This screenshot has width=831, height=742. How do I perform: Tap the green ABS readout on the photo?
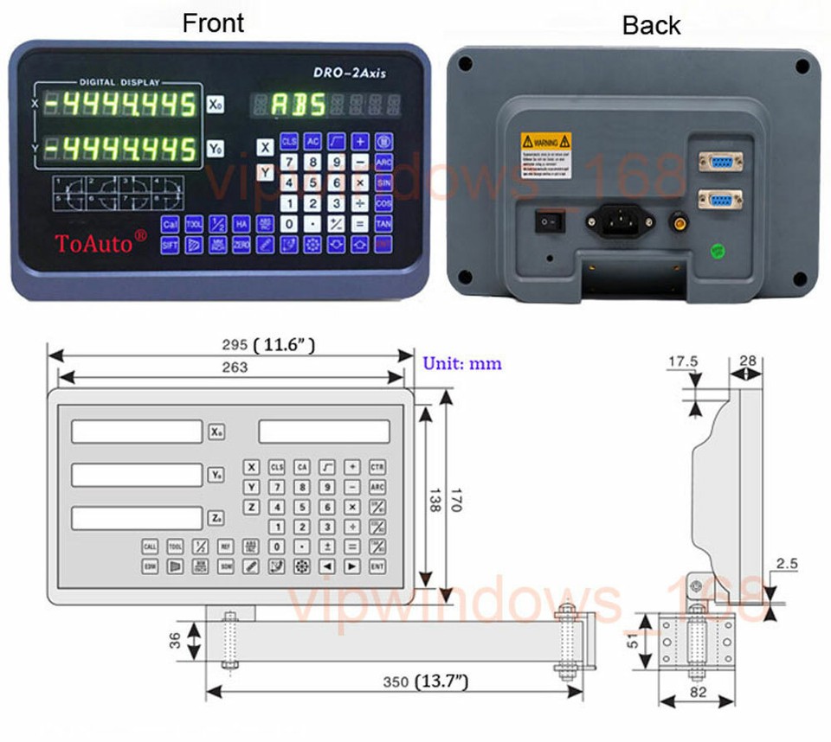(x=299, y=105)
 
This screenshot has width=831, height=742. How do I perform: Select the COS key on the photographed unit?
(x=383, y=201)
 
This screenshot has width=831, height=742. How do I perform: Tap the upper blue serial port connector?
(x=718, y=161)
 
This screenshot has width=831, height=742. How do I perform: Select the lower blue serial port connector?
(x=718, y=201)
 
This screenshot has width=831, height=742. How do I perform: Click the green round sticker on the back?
(x=718, y=253)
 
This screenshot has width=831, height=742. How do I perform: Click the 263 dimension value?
(x=234, y=367)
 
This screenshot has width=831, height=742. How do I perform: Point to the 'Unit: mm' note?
(x=462, y=363)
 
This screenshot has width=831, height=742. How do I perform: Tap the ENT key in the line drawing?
(x=377, y=566)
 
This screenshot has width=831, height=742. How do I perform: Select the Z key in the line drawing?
(x=251, y=507)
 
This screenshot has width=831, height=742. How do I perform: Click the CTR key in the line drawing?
(x=377, y=467)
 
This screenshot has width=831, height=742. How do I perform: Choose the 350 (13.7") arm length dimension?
(x=425, y=682)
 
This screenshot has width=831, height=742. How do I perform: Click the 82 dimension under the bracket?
(x=697, y=693)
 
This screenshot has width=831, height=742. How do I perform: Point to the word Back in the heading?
(x=651, y=26)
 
